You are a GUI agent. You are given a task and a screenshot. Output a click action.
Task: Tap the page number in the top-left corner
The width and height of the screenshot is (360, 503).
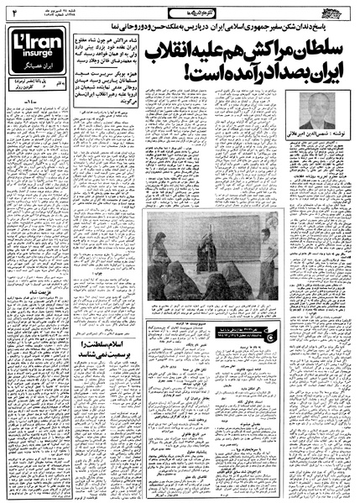point(14,12)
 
